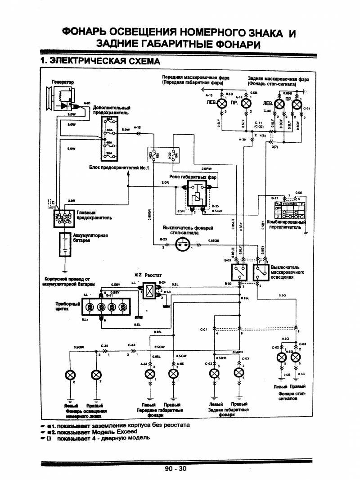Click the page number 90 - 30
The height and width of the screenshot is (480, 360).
point(175,469)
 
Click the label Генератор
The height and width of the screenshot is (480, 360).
point(63,82)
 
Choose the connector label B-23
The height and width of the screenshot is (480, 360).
point(163,239)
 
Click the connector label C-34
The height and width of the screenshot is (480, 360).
point(105,346)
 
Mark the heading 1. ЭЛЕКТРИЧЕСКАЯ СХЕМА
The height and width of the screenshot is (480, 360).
point(99,60)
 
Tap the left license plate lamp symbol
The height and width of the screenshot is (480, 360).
point(70,375)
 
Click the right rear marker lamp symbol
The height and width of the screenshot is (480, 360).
point(238,373)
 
